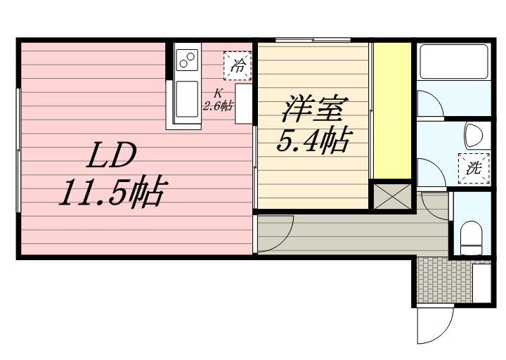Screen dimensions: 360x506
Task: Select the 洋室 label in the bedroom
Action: pyautogui.click(x=313, y=111)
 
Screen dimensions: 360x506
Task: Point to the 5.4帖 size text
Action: pyautogui.click(x=313, y=143)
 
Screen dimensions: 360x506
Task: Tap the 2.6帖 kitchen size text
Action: pyautogui.click(x=218, y=106)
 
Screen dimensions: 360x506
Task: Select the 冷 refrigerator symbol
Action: pyautogui.click(x=239, y=67)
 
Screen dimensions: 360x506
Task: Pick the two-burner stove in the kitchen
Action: pyautogui.click(x=187, y=61)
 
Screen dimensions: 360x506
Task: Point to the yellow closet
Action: pyautogui.click(x=391, y=111)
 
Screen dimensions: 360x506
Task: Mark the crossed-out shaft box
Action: pyautogui.click(x=391, y=195)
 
